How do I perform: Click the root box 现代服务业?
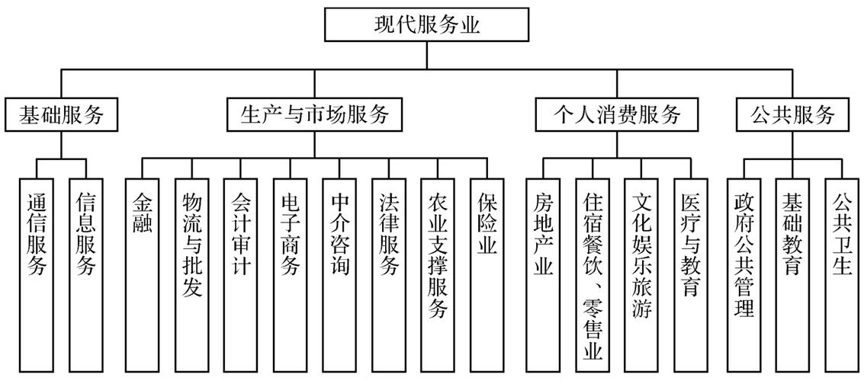pyautogui.click(x=427, y=25)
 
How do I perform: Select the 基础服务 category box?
pyautogui.click(x=61, y=115)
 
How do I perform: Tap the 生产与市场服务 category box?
pyautogui.click(x=315, y=115)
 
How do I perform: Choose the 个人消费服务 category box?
pyautogui.click(x=616, y=115)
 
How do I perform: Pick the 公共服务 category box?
pyautogui.click(x=792, y=115)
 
